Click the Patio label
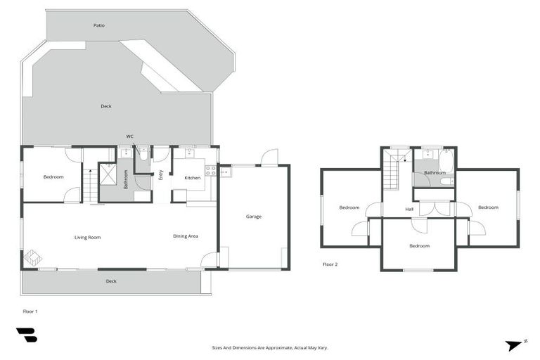99,25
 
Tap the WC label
129,136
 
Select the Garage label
253,217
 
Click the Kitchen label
193,178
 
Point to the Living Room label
88,238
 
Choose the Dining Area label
185,236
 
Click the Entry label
161,175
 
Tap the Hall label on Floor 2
409,209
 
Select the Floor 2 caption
330,264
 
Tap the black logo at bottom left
27,335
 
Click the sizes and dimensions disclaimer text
270,347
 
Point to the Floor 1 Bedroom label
53,177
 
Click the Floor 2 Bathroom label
435,172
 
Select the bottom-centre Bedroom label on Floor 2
419,246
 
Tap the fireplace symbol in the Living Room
32,259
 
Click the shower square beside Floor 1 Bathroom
108,174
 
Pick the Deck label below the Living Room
111,281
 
